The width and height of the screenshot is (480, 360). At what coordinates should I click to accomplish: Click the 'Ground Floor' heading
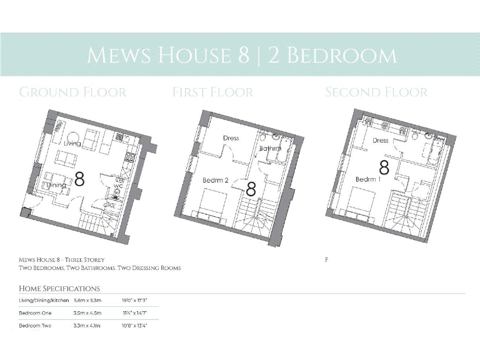72,92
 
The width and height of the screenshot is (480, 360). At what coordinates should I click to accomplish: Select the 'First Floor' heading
213,92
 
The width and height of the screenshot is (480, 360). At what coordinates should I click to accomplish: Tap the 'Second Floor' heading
376,92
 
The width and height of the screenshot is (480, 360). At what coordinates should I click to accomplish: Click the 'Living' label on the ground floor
72,144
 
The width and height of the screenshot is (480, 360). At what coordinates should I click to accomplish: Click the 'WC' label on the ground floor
117,184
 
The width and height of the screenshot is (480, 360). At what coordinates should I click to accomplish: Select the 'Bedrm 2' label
215,181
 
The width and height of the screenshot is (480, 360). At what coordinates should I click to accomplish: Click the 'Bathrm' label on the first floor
270,148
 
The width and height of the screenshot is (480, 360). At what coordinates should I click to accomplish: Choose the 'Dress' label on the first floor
231,138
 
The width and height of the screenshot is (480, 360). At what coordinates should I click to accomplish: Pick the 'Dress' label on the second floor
381,141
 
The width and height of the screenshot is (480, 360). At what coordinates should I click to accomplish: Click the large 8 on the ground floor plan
79,179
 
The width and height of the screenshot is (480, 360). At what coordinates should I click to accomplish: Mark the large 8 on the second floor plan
384,167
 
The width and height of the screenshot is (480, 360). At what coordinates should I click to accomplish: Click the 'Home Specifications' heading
59,289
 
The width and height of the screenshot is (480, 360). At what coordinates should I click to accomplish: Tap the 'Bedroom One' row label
36,312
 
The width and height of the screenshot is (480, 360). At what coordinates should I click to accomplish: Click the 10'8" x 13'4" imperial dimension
135,325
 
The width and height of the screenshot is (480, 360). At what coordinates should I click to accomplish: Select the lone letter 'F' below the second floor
327,259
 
